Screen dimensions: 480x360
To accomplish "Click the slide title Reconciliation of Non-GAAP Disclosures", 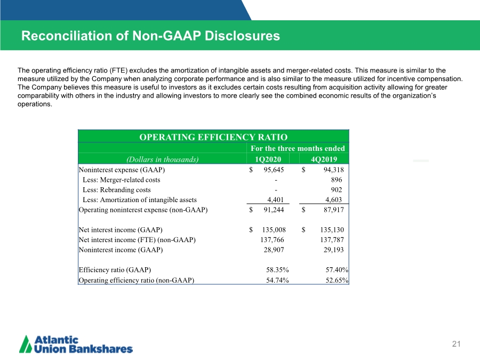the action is pyautogui.click(x=150, y=36).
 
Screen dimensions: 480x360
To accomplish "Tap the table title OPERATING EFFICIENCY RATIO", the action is pyautogui.click(x=213, y=137).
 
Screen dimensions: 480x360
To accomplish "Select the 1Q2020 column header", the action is pyautogui.click(x=268, y=159).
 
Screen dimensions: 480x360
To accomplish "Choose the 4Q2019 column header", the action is pyautogui.click(x=324, y=159).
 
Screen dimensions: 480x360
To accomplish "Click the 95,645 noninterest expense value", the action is pyautogui.click(x=274, y=170).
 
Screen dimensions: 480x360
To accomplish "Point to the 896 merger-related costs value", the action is pyautogui.click(x=337, y=180).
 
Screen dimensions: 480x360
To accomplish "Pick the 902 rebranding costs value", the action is pyautogui.click(x=337, y=190).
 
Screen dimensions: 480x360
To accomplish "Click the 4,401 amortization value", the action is pyautogui.click(x=276, y=199).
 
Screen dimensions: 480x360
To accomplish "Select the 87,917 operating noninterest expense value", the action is pyautogui.click(x=334, y=210).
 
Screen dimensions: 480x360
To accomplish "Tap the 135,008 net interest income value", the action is pyautogui.click(x=274, y=229).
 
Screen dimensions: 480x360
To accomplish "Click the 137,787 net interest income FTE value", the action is pyautogui.click(x=332, y=239).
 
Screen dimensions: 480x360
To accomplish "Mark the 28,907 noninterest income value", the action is pyautogui.click(x=274, y=250).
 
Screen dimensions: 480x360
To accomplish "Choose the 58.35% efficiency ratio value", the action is pyautogui.click(x=277, y=270).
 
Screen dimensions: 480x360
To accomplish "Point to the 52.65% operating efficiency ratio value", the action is pyautogui.click(x=337, y=280).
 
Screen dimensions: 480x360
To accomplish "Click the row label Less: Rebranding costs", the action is pyautogui.click(x=117, y=190).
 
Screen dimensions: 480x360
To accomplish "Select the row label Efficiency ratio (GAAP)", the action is pyautogui.click(x=115, y=270).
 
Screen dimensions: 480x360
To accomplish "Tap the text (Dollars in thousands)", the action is pyautogui.click(x=162, y=159).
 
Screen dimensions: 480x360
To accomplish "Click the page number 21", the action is pyautogui.click(x=456, y=344).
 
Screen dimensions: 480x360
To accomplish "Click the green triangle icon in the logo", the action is pyautogui.click(x=26, y=345).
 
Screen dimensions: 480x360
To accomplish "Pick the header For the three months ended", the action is pyautogui.click(x=298, y=148).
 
